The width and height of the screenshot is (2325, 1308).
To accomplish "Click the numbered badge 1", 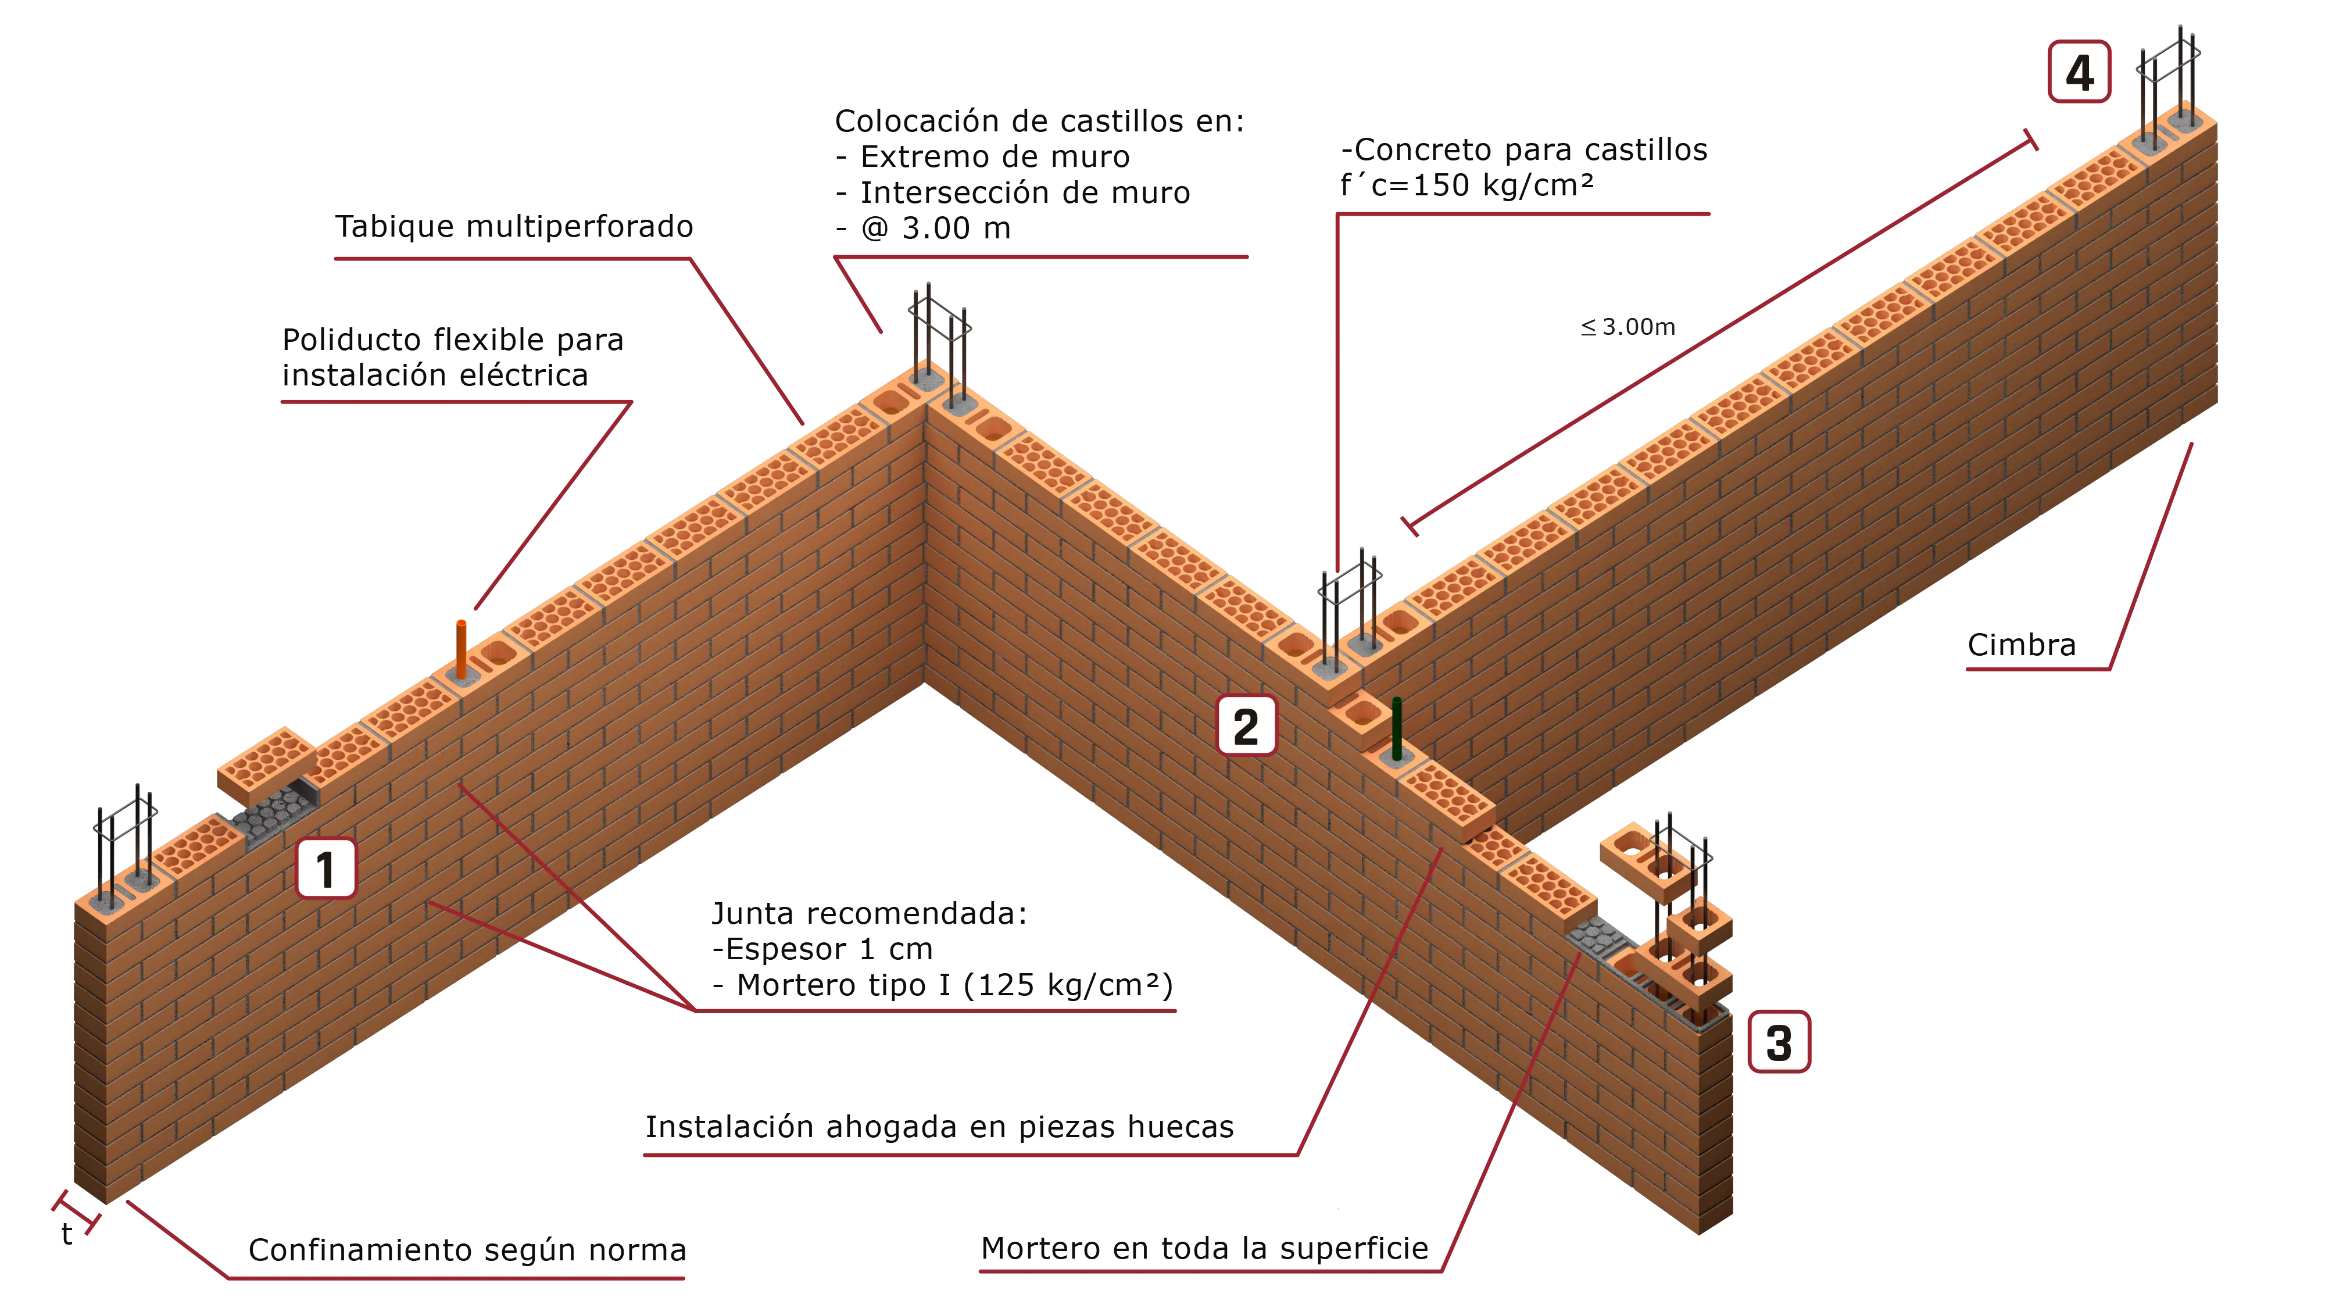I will [x=326, y=869].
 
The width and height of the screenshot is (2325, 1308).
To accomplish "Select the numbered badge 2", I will [x=1246, y=726].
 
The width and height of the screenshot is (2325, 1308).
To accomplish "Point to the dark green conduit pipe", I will [x=1396, y=728].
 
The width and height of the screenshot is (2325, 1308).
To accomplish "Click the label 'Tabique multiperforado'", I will [x=514, y=226].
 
